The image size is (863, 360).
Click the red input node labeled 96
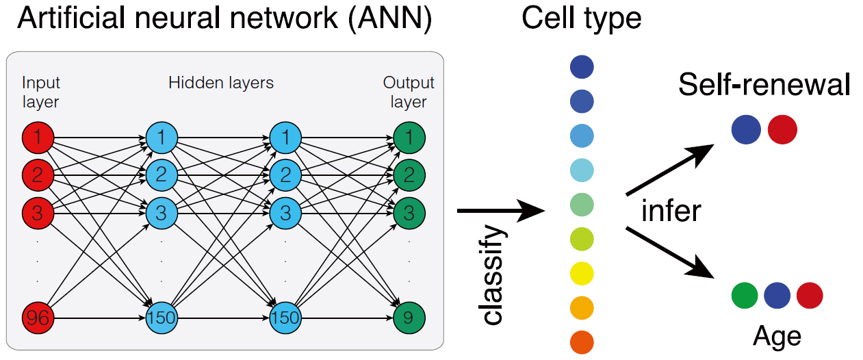pos(37,318)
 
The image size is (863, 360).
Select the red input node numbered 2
pos(37,175)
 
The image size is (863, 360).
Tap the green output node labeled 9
pos(409,318)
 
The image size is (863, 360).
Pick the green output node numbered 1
pos(409,138)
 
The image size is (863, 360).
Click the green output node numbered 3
pos(409,212)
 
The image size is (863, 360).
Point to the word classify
pos(492,274)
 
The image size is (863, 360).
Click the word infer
pos(671,211)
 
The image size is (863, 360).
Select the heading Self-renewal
pos(764,86)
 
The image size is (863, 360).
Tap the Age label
pos(777,337)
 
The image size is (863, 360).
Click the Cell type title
pos(581,18)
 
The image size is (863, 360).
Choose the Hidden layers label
pos(221,83)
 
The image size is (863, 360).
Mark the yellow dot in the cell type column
pos(582,274)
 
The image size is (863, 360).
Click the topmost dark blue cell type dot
pos(582,67)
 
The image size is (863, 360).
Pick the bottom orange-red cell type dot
pos(582,342)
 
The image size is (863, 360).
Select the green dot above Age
pos(745,296)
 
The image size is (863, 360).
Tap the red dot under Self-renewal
pos(782,129)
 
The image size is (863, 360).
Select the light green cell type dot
pos(582,205)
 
